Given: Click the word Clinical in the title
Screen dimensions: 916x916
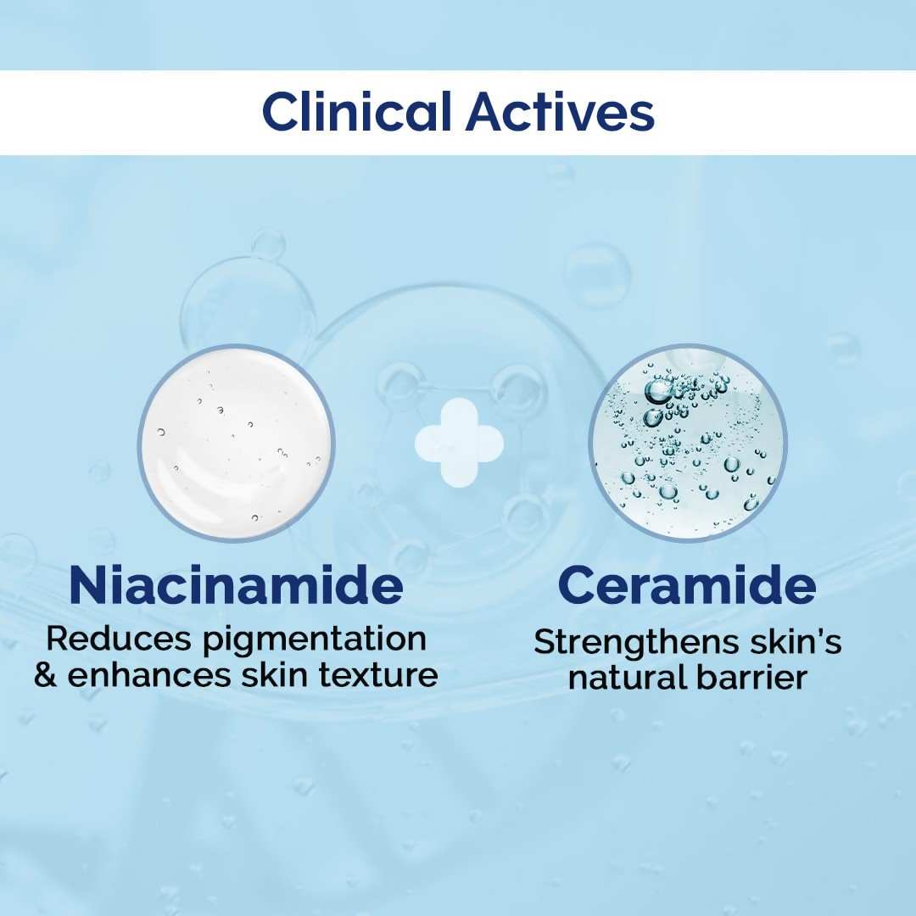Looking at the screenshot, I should pos(358,112).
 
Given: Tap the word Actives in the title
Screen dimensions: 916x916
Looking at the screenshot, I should pos(560,112).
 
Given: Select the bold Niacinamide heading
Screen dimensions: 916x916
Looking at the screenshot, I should pos(236,585).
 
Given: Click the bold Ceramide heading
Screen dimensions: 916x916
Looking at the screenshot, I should pos(687,585).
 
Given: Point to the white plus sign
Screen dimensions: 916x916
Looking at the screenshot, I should pos(459,443).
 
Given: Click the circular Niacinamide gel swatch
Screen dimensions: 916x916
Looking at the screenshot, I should pos(237,442).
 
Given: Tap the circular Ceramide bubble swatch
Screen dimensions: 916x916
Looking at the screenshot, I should pos(687,442).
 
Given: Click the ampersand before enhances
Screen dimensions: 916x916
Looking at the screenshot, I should pos(45,676).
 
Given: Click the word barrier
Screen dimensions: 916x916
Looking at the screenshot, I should pos(754,678).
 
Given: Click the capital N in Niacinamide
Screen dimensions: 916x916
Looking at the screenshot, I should pos(89,585).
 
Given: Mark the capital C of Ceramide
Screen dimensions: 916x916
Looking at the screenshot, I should pos(578,585).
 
